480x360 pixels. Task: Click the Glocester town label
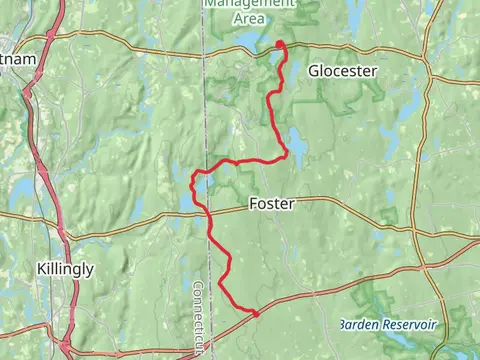[x=342, y=71]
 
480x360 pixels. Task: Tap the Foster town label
[x=271, y=204]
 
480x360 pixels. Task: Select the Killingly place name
[x=65, y=269]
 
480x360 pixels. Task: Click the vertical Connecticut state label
[x=198, y=315]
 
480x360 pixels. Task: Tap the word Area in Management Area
[x=250, y=18]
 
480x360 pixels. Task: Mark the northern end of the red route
[x=280, y=43]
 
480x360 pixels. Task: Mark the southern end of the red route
[x=256, y=314]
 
